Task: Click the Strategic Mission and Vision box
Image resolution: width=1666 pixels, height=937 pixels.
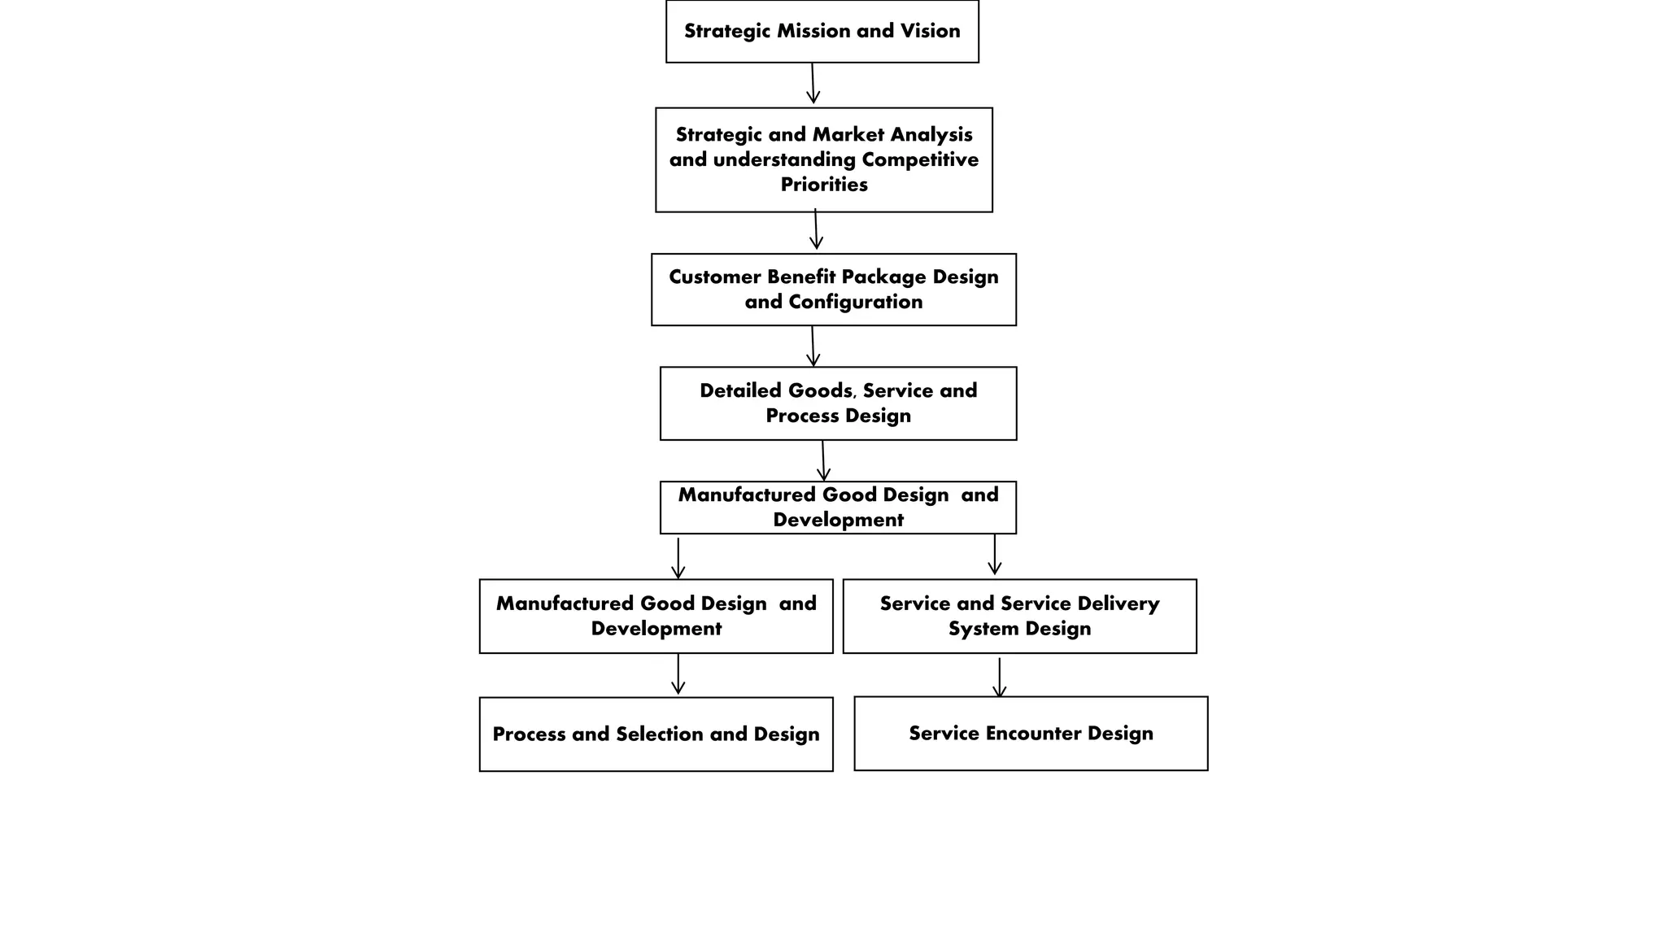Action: (x=822, y=31)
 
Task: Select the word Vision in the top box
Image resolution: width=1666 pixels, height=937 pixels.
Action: (x=930, y=31)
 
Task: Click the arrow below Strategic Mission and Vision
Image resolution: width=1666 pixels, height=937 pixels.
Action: (x=813, y=84)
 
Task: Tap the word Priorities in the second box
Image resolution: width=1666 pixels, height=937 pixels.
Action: (x=823, y=185)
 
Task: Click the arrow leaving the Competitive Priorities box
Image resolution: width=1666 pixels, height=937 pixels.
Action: (x=816, y=229)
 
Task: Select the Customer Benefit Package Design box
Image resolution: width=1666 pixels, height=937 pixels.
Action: (x=833, y=290)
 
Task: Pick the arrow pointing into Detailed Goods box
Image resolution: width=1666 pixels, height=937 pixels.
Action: (x=813, y=346)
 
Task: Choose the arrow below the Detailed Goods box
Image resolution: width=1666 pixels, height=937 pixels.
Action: (x=823, y=461)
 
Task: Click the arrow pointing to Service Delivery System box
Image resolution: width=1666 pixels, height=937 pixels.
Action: (x=994, y=555)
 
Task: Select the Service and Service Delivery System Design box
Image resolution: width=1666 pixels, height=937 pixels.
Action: (x=1019, y=616)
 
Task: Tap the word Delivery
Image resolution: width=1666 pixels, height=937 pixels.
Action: (x=1119, y=604)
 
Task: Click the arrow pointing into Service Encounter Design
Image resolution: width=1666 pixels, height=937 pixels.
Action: (x=999, y=678)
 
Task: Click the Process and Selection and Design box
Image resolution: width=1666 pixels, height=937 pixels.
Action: (x=656, y=734)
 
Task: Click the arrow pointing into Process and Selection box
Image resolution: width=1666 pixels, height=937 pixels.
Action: (x=678, y=674)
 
